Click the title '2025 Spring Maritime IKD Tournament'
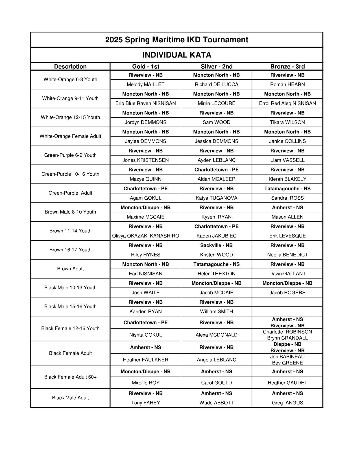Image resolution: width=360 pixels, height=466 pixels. point(176,40)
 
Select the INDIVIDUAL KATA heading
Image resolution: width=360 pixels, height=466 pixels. point(176,55)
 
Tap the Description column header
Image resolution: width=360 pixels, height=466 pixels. point(70,67)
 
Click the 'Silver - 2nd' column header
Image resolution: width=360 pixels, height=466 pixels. point(216,67)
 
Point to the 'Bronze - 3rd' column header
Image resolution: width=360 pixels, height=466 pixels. point(287,67)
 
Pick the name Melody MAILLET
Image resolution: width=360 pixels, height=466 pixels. point(145,84)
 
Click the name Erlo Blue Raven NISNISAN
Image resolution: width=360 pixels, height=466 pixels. point(145,103)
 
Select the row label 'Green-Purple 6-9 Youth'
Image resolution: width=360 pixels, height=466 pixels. point(70,155)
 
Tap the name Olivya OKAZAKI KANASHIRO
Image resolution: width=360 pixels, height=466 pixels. point(145,236)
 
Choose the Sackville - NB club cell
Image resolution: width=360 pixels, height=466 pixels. point(216,245)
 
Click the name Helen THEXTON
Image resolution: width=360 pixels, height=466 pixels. point(216,274)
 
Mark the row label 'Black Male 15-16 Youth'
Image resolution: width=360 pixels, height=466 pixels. point(70,306)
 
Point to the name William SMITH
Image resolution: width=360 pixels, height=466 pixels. point(216,312)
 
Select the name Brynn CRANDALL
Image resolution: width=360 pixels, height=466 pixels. point(287,338)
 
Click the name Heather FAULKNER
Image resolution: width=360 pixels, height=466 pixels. point(145,360)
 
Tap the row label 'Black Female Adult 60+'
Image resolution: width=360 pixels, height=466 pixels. point(70,377)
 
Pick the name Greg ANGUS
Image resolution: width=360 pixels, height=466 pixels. point(287,403)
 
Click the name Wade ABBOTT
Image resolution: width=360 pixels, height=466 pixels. point(216,403)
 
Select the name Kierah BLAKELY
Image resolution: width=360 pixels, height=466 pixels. point(287,179)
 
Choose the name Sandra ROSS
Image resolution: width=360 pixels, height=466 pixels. point(287,198)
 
